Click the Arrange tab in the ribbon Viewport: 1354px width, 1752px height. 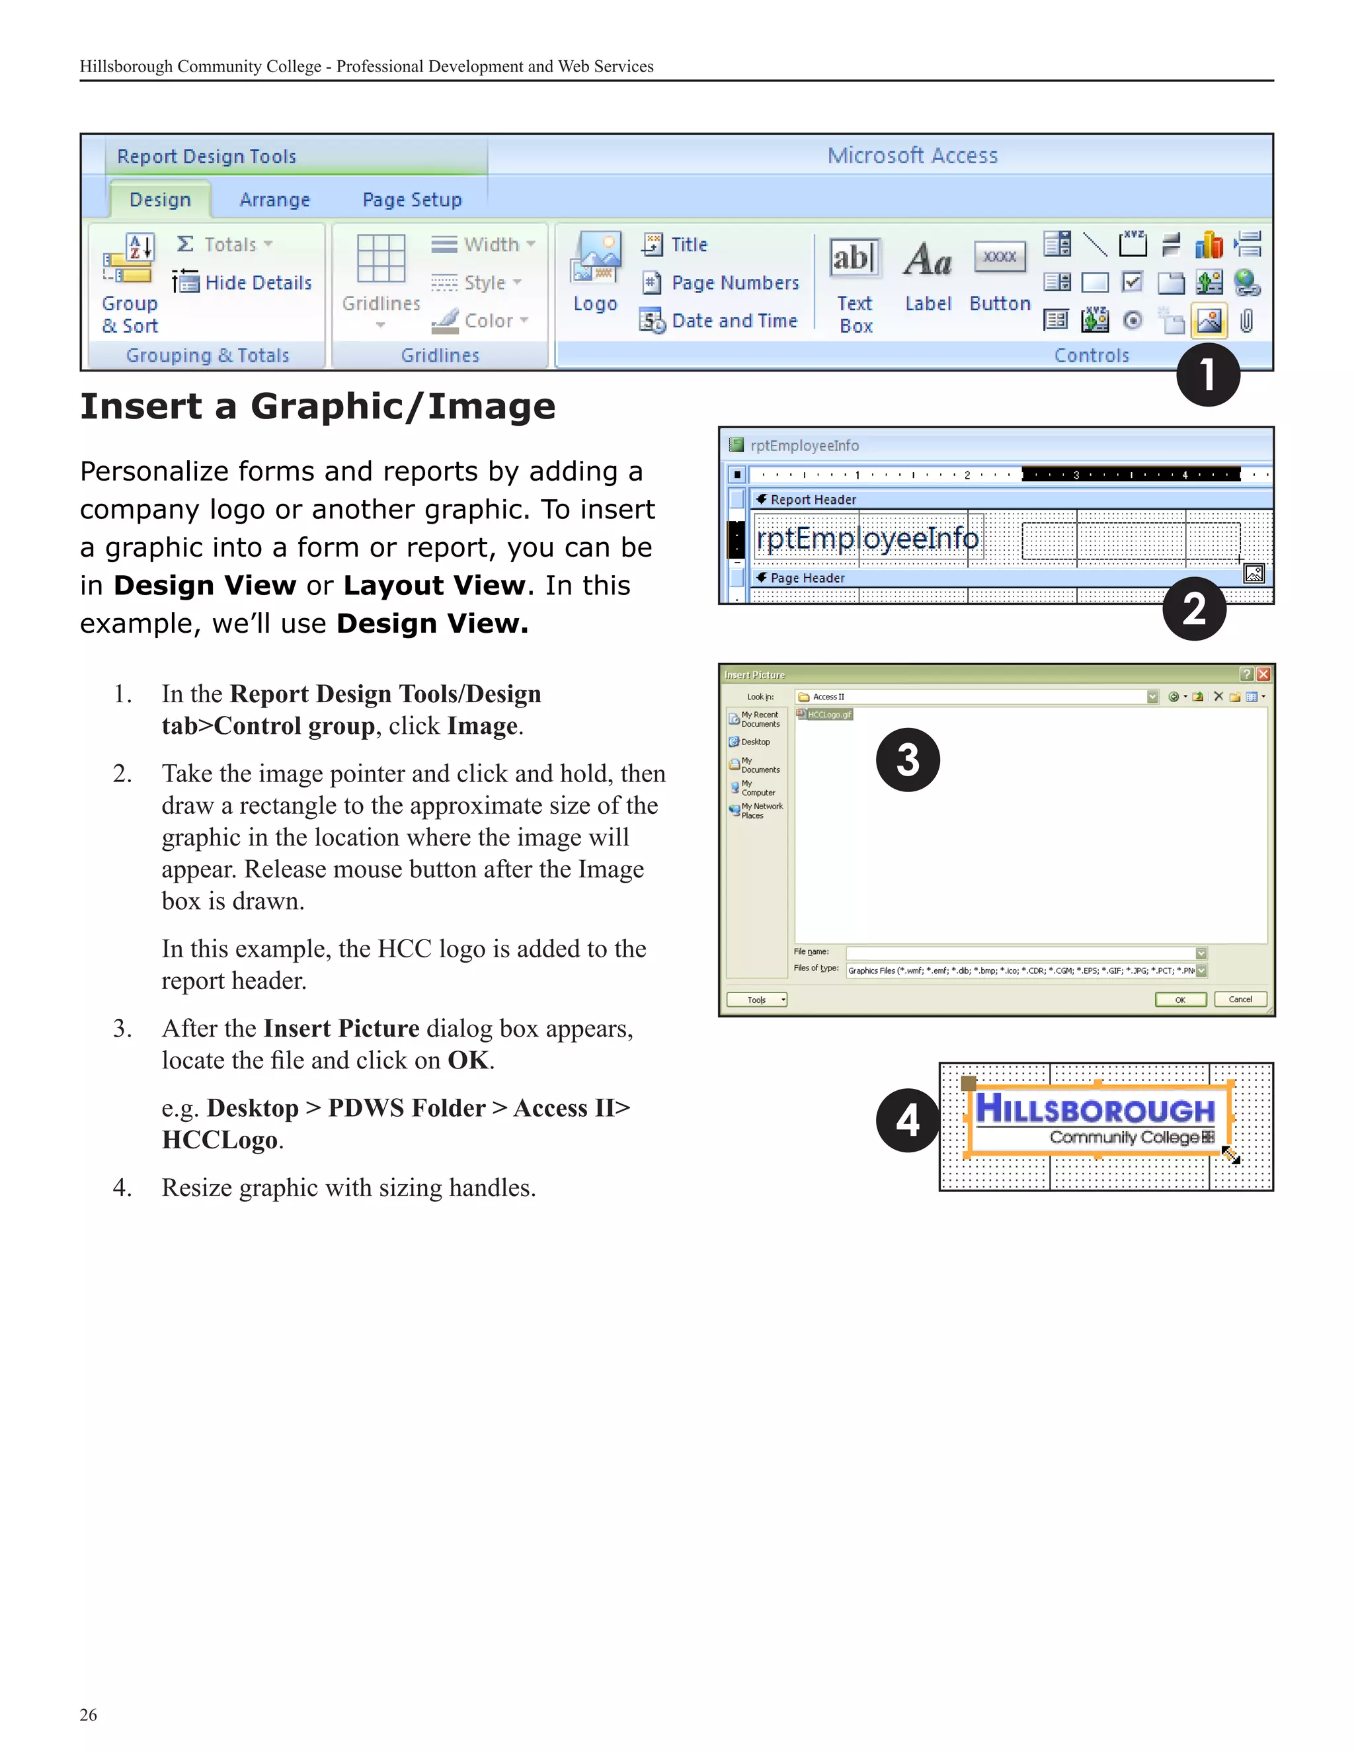(274, 200)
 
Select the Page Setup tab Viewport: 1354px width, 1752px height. (411, 200)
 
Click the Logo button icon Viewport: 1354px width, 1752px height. (595, 259)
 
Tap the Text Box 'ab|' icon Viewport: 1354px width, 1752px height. (854, 259)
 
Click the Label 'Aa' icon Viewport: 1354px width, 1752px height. (928, 259)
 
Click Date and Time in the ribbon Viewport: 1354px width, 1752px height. (734, 321)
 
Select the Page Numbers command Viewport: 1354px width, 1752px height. (735, 282)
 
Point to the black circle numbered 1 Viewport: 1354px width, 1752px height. (1207, 375)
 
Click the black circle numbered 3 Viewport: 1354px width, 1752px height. (907, 759)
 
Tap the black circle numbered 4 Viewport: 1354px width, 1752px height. (907, 1120)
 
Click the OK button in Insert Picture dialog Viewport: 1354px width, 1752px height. (1180, 1000)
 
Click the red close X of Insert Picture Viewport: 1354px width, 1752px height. (1263, 674)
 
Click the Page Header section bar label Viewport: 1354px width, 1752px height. (807, 578)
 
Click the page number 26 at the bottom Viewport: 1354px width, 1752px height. (88, 1714)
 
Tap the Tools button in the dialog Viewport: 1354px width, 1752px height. (756, 1000)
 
